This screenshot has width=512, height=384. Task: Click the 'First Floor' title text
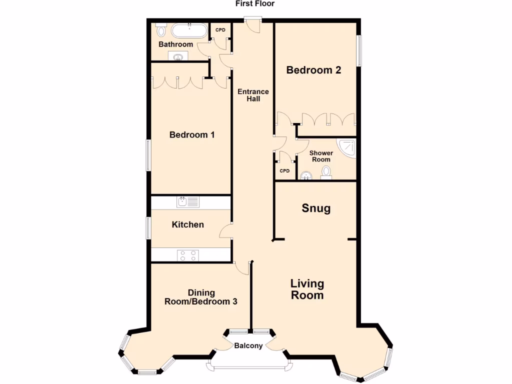point(255,3)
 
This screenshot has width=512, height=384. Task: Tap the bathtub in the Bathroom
point(188,31)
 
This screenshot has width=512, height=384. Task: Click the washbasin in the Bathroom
point(177,57)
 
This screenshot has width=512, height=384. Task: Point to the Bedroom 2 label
point(313,70)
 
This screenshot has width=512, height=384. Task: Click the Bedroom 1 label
point(192,134)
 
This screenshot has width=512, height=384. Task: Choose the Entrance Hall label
point(253,95)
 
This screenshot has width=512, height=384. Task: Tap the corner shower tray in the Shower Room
point(348,147)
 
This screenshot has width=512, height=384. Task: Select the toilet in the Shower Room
point(326,172)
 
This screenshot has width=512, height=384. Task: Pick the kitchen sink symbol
point(187,202)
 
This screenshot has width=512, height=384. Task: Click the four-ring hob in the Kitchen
point(187,255)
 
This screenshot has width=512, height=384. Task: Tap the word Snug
point(316,208)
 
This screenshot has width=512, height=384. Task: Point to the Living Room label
point(307,289)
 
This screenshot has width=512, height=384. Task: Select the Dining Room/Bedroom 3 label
point(201,297)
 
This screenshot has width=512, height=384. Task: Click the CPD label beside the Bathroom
point(220,30)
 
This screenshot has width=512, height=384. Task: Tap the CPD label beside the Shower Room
point(284,171)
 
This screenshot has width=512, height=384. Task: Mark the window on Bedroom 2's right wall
point(358,50)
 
